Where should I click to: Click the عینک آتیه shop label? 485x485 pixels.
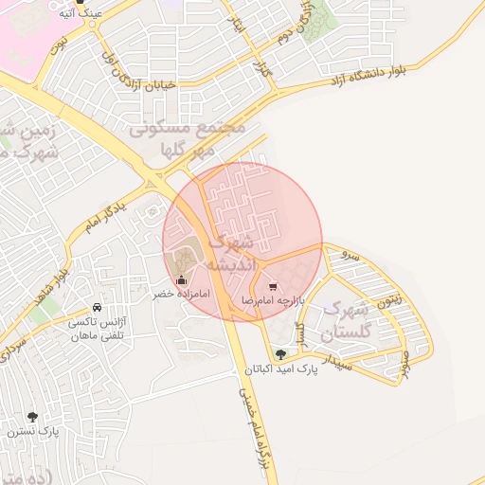click(76, 14)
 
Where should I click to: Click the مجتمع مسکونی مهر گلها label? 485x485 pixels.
click(187, 138)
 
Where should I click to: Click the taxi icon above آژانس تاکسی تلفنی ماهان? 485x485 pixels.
click(98, 308)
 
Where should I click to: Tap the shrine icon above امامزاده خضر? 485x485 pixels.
click(182, 279)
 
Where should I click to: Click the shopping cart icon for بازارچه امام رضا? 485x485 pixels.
click(273, 284)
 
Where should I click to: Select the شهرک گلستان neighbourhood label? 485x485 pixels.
click(348, 321)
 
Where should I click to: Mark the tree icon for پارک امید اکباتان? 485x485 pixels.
click(279, 354)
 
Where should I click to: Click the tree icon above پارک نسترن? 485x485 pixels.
click(34, 416)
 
